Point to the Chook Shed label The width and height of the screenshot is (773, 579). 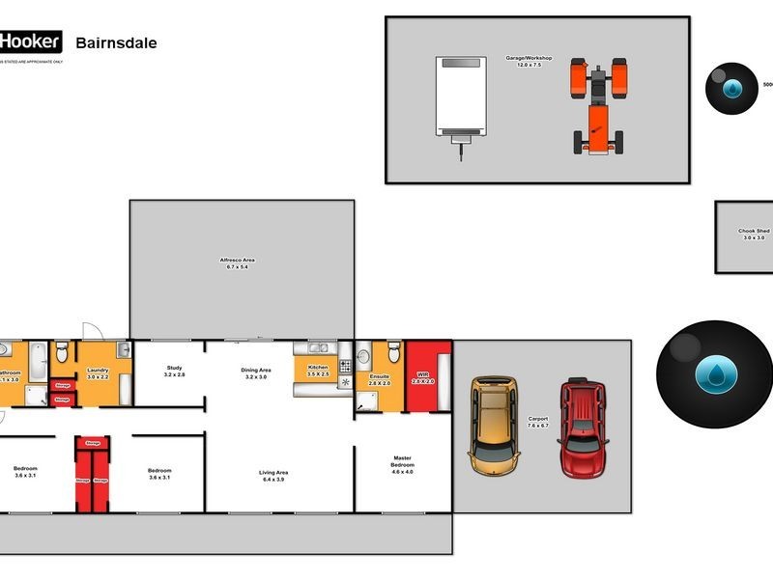[x=754, y=232]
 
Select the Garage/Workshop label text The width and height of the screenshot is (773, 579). [x=529, y=58]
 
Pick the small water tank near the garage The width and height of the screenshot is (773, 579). [x=731, y=89]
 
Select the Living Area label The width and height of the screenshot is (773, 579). [x=274, y=473]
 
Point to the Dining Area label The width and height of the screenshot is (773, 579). [x=256, y=370]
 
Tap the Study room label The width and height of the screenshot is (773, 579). [x=174, y=368]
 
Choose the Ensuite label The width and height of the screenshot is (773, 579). [x=380, y=376]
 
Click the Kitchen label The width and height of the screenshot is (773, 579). [x=318, y=368]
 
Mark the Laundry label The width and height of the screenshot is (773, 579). [x=98, y=370]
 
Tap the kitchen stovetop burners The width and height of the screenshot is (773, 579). [x=345, y=366]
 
